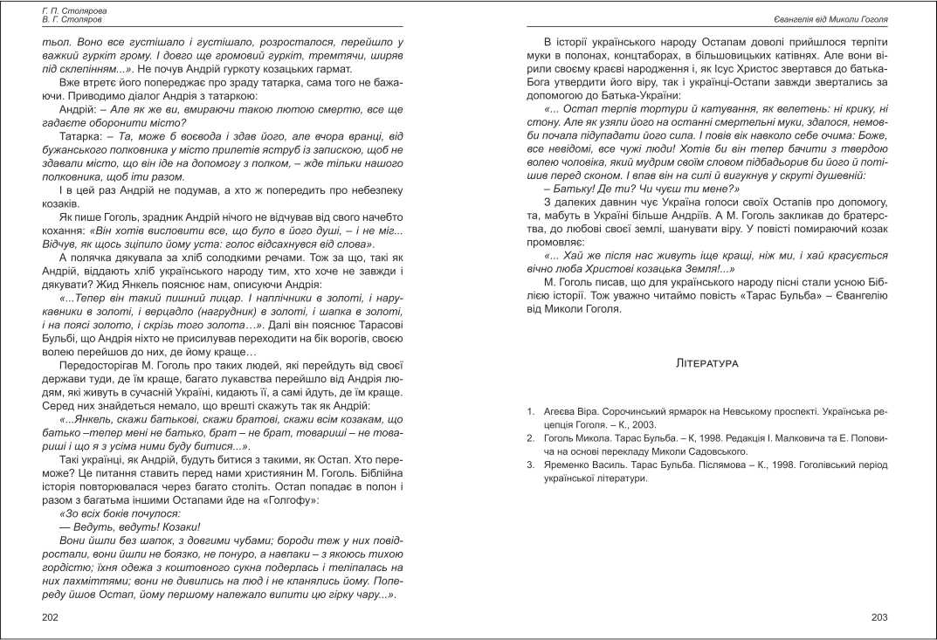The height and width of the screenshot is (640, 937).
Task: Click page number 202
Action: [x=51, y=617]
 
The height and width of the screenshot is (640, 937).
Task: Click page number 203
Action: [x=879, y=617]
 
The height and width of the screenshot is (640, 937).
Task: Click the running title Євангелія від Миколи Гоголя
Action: [x=830, y=18]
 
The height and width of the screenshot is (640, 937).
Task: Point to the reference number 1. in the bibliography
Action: [x=531, y=409]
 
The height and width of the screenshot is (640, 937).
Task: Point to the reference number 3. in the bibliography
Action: [x=531, y=465]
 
